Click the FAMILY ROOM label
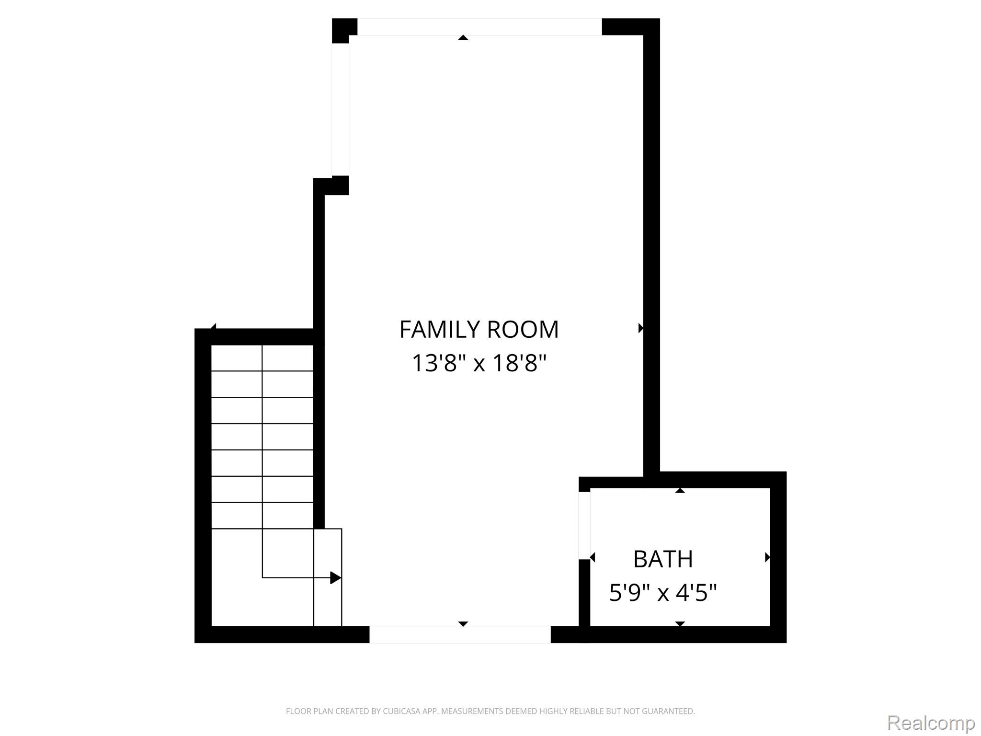pos(479,330)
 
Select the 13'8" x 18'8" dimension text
pos(479,363)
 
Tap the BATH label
pos(663,559)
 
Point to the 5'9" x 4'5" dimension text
pos(663,593)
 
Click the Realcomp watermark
pos(931,723)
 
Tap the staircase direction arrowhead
pos(336,578)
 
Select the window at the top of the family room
pos(479,27)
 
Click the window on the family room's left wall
pos(340,110)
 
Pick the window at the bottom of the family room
pos(460,634)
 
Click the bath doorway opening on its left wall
pos(584,526)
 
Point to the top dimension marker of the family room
pos(463,37)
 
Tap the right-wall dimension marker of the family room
pos(641,328)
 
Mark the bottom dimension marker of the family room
pos(463,624)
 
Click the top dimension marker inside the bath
pos(680,490)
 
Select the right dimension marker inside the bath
pos(767,557)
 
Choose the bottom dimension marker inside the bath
pos(680,624)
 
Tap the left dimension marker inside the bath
pos(593,557)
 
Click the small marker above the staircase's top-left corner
pos(214,326)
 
